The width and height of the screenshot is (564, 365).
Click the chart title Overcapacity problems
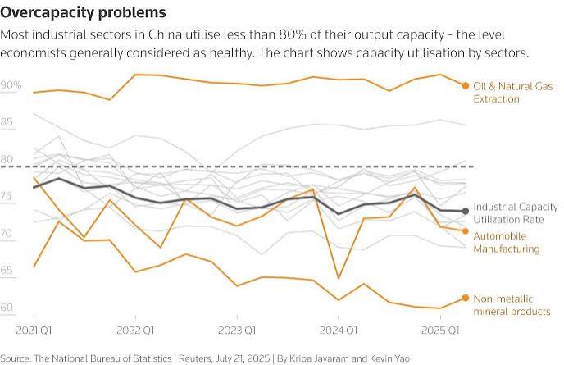[x=83, y=12]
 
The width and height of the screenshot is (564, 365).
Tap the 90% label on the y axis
[x=11, y=85]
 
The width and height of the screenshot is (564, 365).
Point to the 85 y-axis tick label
[x=7, y=122]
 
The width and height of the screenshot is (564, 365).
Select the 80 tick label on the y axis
[x=7, y=159]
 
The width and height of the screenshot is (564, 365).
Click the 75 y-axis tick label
[x=7, y=196]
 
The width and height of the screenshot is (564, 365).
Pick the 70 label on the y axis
[x=7, y=233]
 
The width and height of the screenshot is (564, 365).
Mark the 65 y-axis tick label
[x=7, y=271]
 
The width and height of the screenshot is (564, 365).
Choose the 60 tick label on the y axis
[x=7, y=308]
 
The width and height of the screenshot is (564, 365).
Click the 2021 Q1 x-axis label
[x=34, y=331]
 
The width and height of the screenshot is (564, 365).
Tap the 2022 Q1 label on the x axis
[x=135, y=331]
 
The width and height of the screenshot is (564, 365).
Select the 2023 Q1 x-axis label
[x=237, y=331]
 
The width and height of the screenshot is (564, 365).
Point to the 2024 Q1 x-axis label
[x=339, y=331]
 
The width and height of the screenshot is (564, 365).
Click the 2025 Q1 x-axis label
[x=440, y=331]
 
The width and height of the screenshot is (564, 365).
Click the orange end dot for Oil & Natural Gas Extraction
[x=466, y=85]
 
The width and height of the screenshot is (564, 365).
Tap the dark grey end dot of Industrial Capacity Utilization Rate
[x=466, y=211]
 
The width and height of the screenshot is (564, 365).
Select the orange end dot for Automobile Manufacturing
[x=466, y=231]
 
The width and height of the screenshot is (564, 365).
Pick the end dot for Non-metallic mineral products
[x=466, y=298]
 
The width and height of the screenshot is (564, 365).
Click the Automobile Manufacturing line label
[x=507, y=243]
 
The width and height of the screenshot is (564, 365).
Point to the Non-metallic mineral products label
[x=512, y=305]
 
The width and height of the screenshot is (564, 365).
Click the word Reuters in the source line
[x=194, y=358]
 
